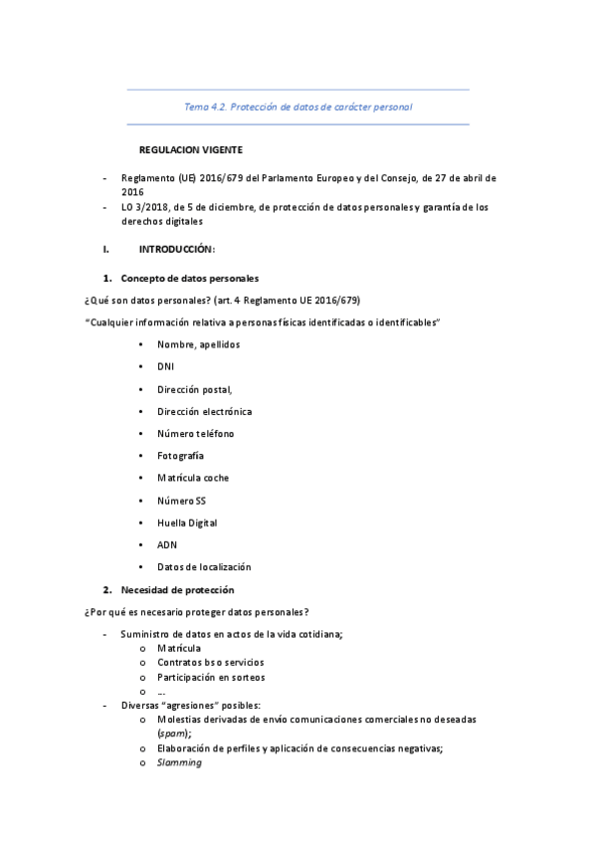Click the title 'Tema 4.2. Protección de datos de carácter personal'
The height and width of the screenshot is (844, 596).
point(298,106)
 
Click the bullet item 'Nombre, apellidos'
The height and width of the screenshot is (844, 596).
point(198,344)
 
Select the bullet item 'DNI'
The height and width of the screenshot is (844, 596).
point(165,366)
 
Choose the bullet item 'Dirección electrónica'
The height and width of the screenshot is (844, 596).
point(204,411)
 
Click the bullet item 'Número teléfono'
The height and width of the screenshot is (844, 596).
point(195,434)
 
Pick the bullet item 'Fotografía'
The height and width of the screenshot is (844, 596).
point(180,456)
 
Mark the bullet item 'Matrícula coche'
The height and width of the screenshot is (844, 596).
point(193,478)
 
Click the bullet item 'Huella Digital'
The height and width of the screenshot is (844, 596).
point(187,523)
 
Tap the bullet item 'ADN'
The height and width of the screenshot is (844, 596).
point(166,544)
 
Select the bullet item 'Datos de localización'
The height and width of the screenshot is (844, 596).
point(204,567)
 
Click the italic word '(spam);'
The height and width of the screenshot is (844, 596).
point(175,734)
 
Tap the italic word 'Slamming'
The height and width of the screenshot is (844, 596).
point(179,763)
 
